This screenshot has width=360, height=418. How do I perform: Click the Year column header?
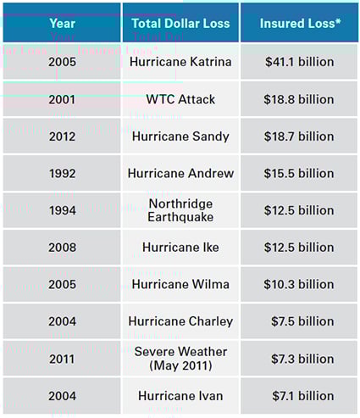62,24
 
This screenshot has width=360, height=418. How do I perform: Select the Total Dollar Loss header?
180,24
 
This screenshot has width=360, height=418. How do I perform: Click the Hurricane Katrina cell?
180,62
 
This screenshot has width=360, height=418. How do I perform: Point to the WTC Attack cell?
180,99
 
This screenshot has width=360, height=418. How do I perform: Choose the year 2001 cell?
62,99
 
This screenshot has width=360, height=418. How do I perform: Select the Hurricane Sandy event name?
180,137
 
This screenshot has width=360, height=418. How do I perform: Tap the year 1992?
62,173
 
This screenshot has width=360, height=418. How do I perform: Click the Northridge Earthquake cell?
180,210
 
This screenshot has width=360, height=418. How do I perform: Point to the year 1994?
62,210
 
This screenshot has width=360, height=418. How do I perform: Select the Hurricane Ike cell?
180,248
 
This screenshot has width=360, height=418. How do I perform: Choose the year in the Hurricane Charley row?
62,321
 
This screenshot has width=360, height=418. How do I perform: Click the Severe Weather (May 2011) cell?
180,359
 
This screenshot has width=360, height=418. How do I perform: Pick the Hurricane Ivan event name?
180,396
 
